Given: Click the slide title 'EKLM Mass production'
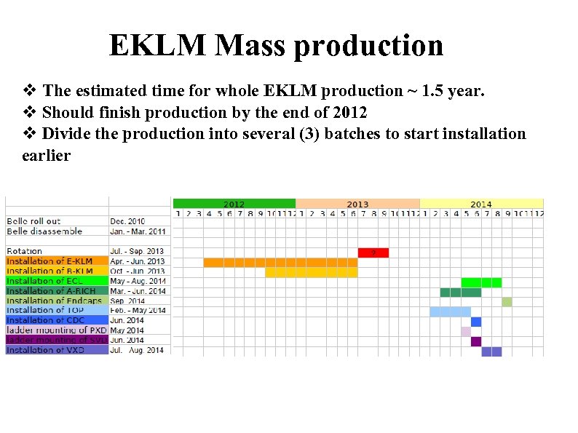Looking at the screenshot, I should click(276, 45).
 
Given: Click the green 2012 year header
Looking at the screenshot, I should click(234, 204).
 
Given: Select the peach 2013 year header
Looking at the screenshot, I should click(357, 204).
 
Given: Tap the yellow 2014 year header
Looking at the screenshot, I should click(481, 204).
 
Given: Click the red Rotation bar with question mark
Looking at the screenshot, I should click(373, 253).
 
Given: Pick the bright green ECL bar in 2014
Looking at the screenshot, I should click(481, 282).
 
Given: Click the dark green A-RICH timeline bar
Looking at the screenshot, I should click(460, 293).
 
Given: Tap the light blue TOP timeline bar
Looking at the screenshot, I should click(450, 311).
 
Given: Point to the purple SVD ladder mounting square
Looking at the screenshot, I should click(476, 341).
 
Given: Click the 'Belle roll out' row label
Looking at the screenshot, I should click(34, 221).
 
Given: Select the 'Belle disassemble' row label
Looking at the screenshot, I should click(44, 231).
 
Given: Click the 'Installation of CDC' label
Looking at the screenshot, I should click(45, 320).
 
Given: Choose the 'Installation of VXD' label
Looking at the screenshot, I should click(45, 350).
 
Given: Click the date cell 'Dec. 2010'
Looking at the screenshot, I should click(127, 221).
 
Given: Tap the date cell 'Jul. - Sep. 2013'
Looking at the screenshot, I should click(138, 251).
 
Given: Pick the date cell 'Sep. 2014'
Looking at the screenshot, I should click(127, 301).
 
